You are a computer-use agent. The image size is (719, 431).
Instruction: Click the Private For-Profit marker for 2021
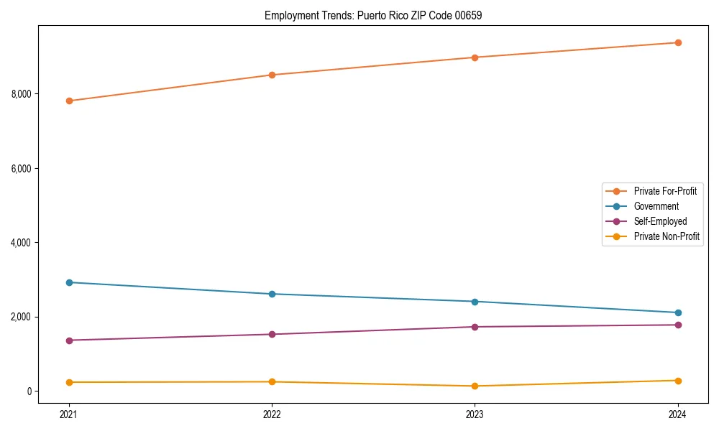(x=69, y=101)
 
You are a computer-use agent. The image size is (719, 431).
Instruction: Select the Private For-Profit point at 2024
(x=678, y=42)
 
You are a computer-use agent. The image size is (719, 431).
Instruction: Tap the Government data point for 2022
(x=272, y=294)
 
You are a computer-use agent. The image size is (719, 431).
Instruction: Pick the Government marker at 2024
(x=678, y=312)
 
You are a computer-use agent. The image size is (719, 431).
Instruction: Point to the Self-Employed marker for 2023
(x=475, y=327)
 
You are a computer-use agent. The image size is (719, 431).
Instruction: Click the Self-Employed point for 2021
(x=69, y=340)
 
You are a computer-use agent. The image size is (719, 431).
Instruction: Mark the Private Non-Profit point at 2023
(x=475, y=386)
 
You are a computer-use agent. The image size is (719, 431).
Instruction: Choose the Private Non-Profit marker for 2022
(x=272, y=382)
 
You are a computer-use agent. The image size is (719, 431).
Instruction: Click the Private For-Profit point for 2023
(x=475, y=57)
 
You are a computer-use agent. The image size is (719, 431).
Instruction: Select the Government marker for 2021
(x=69, y=282)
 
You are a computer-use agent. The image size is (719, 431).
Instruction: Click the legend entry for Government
(x=656, y=206)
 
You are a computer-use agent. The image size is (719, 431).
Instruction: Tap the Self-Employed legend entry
(x=660, y=221)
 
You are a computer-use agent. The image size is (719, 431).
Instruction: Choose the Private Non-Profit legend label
(x=667, y=236)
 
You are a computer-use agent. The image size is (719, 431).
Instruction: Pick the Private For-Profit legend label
(x=665, y=191)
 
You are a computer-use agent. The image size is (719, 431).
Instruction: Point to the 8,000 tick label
(x=22, y=94)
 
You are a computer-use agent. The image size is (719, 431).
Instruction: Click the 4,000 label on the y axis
(x=22, y=243)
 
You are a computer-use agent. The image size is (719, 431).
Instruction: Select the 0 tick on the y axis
(x=29, y=391)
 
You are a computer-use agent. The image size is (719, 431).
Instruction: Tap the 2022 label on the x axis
(x=272, y=414)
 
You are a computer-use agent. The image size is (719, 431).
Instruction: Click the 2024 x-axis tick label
(x=678, y=414)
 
